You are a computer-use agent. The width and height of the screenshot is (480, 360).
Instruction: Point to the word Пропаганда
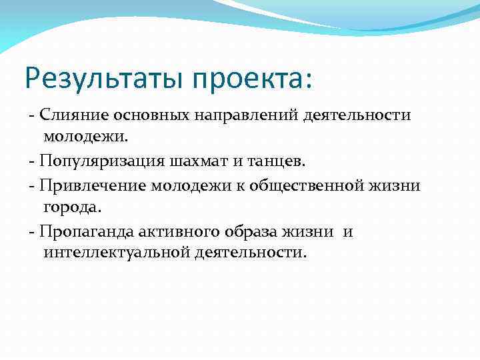point(87,231)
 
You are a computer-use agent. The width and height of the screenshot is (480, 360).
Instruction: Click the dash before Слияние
point(31,116)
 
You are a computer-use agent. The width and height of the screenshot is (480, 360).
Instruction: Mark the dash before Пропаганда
point(31,232)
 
